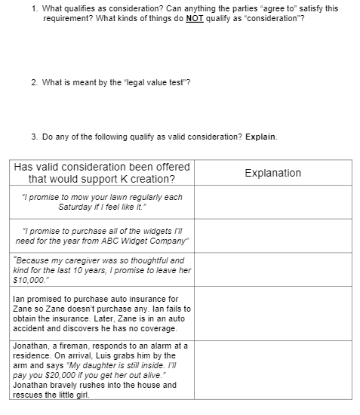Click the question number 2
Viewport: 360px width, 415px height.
[x=34, y=82]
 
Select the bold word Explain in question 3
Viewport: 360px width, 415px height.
[x=261, y=137]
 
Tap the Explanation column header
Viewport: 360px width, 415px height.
[x=272, y=173]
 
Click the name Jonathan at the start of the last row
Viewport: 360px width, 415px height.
[x=31, y=346]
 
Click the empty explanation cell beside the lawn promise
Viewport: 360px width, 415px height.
[x=272, y=201]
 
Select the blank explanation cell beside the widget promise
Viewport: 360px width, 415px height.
[x=272, y=235]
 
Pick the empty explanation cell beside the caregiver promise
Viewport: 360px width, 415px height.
[x=272, y=269]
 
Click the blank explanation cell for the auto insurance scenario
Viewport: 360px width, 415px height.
[x=272, y=313]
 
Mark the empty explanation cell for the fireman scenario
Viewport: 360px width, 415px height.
[x=272, y=370]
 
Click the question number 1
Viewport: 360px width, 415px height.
[x=35, y=8]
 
